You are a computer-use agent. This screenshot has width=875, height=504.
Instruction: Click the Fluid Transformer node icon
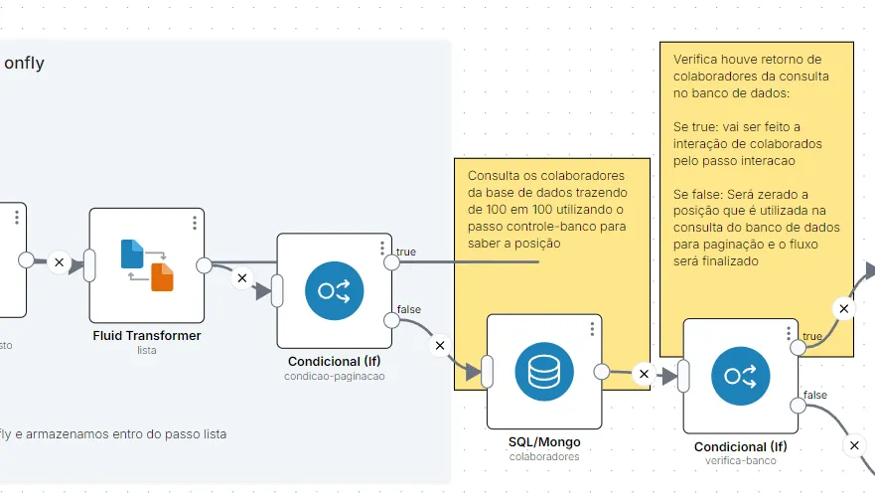[147, 264]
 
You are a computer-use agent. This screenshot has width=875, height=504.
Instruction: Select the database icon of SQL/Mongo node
[544, 372]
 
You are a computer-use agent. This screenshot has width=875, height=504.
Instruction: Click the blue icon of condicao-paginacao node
[335, 290]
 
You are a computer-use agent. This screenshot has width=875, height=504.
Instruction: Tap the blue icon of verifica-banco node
[741, 376]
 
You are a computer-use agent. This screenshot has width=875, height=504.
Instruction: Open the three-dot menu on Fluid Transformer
[195, 223]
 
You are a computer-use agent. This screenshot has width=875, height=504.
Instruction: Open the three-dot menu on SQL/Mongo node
[592, 329]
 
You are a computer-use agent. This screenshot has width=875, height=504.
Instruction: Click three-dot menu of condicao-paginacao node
[382, 249]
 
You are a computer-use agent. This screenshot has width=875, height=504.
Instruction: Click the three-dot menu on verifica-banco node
[789, 334]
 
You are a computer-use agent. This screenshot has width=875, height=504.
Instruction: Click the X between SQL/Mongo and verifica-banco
[644, 374]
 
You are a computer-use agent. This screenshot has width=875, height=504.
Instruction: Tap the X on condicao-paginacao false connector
[440, 346]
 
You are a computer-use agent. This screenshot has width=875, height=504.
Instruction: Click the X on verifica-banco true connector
[844, 308]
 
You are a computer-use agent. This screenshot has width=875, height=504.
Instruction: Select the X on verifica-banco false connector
[854, 445]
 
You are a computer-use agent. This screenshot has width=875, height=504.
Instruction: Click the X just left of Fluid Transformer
[60, 262]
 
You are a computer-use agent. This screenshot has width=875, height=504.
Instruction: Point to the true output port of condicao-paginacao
[391, 262]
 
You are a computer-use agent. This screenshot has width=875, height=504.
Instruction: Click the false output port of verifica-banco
[798, 406]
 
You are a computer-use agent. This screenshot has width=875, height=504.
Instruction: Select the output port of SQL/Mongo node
[602, 372]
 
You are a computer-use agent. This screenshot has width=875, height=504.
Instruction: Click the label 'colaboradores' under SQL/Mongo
[544, 456]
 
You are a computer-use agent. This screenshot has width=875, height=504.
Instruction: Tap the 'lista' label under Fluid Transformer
[147, 350]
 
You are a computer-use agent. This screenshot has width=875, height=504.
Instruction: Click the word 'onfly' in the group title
[24, 63]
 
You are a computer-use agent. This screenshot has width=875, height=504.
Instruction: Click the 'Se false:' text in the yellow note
[697, 195]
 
